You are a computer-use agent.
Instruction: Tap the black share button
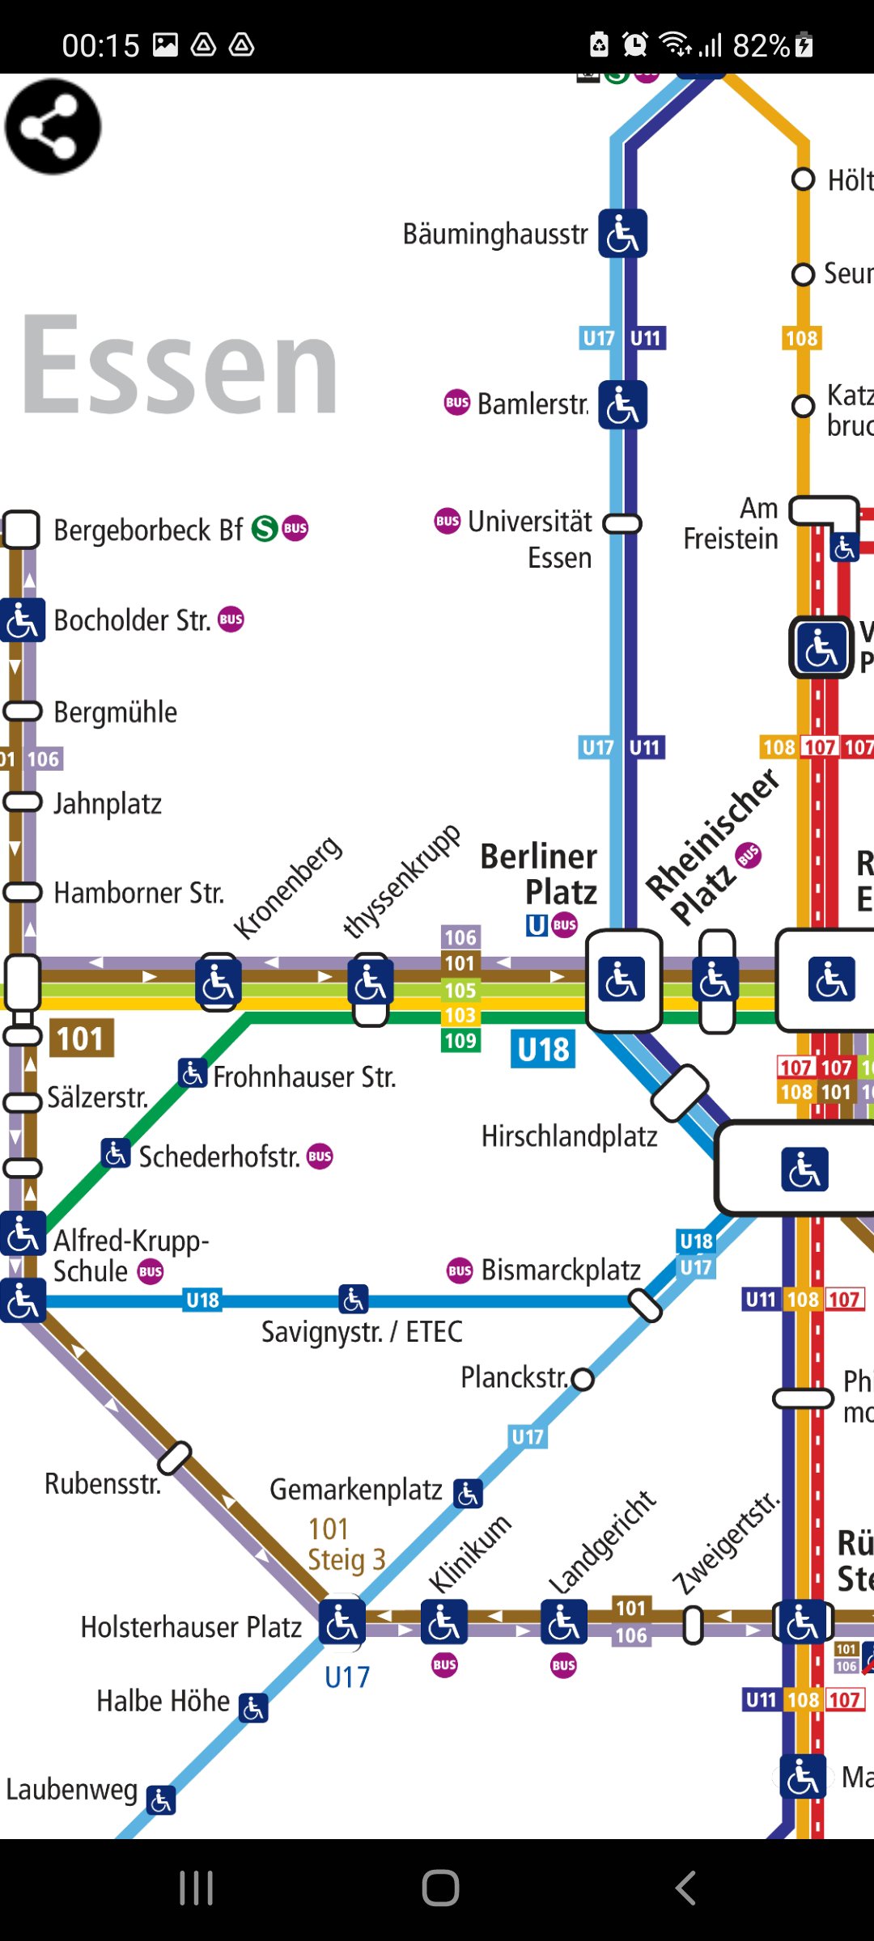(x=53, y=127)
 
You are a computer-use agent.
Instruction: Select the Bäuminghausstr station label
(x=495, y=235)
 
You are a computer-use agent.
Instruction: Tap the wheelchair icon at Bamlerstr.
(x=622, y=404)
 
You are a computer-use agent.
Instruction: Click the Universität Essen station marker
(x=622, y=523)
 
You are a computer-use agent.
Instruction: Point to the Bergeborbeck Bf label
(x=148, y=531)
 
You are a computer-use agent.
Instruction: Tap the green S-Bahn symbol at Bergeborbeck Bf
(x=265, y=529)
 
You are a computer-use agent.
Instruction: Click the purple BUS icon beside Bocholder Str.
(x=231, y=620)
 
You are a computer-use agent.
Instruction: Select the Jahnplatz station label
(x=108, y=804)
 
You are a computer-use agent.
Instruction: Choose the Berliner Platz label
(x=540, y=873)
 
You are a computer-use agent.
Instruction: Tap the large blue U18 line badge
(x=543, y=1049)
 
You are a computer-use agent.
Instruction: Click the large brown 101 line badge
(x=81, y=1038)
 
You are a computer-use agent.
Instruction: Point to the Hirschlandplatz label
(x=569, y=1136)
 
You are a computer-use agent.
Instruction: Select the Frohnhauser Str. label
(x=304, y=1077)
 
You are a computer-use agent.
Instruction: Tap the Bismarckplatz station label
(x=561, y=1270)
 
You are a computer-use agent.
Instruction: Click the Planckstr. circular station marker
(x=583, y=1379)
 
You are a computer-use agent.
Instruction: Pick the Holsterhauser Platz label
(x=191, y=1626)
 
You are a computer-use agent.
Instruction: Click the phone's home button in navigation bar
(x=440, y=1888)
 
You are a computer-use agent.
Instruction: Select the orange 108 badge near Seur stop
(x=801, y=338)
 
